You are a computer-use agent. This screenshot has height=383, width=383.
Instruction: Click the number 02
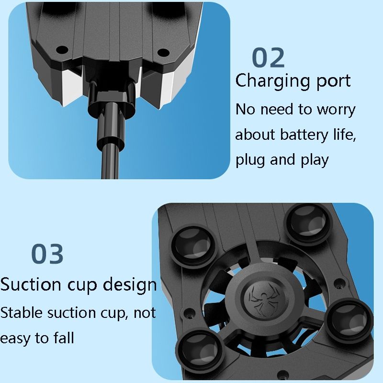click(268, 57)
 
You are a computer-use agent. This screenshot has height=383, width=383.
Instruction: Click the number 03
click(47, 254)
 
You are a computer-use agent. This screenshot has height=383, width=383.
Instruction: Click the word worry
click(336, 110)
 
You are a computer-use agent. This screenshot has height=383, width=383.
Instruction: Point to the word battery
click(304, 135)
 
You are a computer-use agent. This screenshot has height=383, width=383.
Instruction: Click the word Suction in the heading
click(31, 284)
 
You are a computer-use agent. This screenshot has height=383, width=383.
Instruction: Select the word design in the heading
click(130, 285)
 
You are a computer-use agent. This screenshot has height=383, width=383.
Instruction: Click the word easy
click(15, 339)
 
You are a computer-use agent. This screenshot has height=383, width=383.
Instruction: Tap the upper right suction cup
click(308, 224)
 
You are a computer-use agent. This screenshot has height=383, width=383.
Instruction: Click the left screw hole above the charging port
click(62, 50)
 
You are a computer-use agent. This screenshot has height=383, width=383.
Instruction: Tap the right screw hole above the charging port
click(163, 52)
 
